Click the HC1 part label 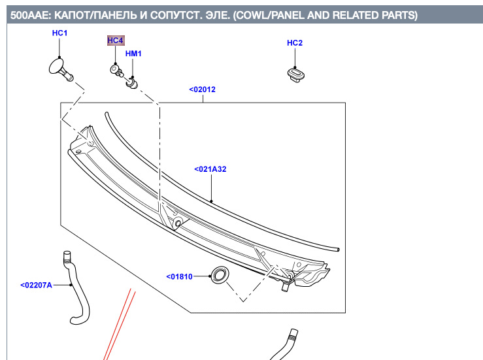click(x=60, y=33)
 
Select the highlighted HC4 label click(x=115, y=41)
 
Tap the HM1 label click(x=133, y=54)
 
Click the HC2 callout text click(x=295, y=43)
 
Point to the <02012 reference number click(x=203, y=90)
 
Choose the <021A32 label click(x=210, y=169)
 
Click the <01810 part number click(x=179, y=276)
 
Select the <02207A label click(x=36, y=285)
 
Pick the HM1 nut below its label click(x=133, y=83)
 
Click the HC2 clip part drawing click(x=296, y=73)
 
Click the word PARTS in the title click(x=392, y=15)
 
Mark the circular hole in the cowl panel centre click(x=178, y=224)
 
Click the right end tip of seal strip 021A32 click(x=337, y=248)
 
